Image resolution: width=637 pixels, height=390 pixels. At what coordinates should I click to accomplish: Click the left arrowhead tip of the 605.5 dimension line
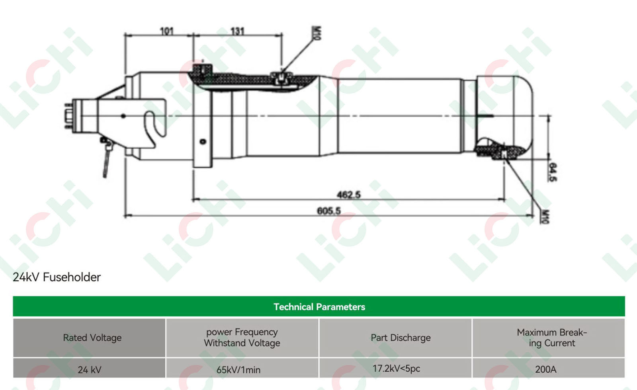tap(125, 216)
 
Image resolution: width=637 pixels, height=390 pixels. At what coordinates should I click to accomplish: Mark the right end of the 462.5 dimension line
tap(505, 199)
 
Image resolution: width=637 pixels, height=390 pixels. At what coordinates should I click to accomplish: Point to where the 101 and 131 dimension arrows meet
tap(193, 35)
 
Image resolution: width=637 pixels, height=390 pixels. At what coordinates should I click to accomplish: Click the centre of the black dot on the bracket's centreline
tap(123, 116)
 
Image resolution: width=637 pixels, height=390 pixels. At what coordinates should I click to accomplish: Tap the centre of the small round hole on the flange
tap(203, 141)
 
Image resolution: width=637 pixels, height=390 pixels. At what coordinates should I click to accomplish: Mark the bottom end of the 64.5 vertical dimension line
tap(549, 160)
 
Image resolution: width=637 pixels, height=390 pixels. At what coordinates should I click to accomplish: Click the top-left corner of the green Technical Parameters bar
tap(13, 296)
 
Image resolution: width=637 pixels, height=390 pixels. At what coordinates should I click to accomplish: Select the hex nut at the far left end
tap(68, 116)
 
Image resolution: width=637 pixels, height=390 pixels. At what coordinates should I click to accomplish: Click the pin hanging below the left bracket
tap(107, 158)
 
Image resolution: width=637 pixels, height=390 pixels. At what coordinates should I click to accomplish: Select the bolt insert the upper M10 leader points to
tap(281, 78)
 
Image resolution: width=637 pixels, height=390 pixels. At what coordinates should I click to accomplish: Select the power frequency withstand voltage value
tap(238, 370)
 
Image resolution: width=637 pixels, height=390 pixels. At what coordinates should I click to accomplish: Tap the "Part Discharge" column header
tap(401, 338)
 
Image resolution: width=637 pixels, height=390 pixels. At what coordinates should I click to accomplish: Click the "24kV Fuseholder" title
tap(57, 277)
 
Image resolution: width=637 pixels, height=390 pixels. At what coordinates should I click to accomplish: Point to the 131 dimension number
tap(237, 31)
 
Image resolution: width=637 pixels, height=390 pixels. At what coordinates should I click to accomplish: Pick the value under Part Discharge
tap(396, 369)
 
